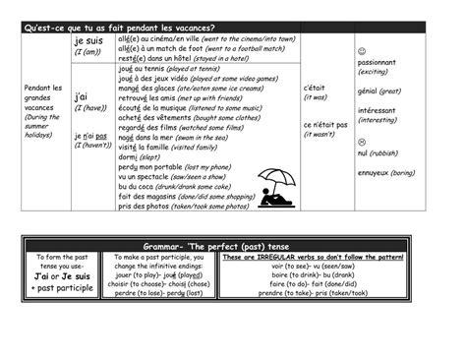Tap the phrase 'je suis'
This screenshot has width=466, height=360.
[87, 41]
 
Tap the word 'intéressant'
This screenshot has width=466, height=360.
[380, 110]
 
